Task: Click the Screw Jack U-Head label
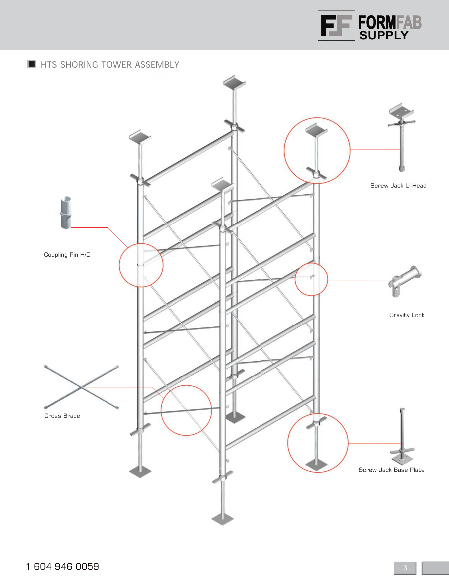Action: (x=398, y=186)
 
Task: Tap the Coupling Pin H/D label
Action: (x=67, y=255)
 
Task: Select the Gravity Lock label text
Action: (x=407, y=315)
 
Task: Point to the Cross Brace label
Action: (x=62, y=416)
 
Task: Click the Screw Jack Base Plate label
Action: (x=391, y=470)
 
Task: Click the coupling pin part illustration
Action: (x=66, y=213)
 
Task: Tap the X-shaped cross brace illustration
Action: (x=81, y=387)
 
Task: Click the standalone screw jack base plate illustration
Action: (x=402, y=437)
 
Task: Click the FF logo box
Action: (x=336, y=25)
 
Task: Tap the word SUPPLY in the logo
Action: (x=384, y=35)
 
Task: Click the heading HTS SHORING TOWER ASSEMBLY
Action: (x=110, y=65)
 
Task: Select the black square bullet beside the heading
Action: (x=32, y=64)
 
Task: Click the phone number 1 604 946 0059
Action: (x=62, y=566)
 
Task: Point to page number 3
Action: (x=405, y=568)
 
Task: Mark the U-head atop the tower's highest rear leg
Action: (x=234, y=83)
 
